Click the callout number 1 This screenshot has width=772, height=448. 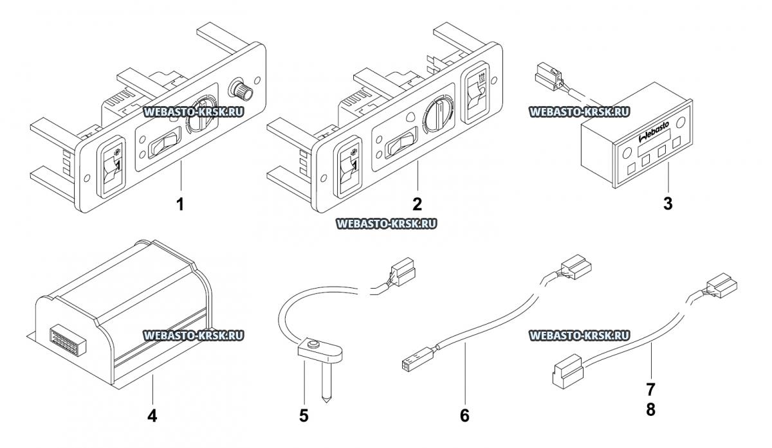click(x=181, y=205)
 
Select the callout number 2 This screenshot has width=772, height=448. click(x=417, y=204)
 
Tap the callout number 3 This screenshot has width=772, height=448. click(x=668, y=204)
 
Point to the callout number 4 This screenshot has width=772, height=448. click(x=152, y=415)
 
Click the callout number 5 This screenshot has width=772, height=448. click(x=304, y=415)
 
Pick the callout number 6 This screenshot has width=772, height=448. click(x=464, y=415)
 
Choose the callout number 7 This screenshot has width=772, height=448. click(x=651, y=388)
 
